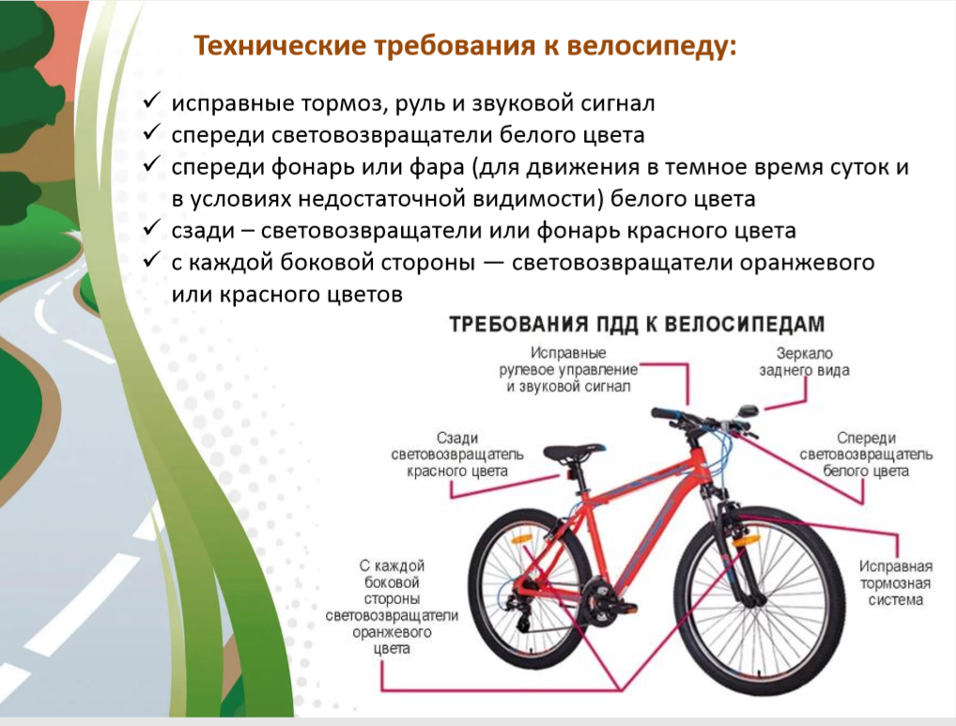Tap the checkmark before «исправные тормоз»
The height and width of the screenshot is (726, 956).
(152, 100)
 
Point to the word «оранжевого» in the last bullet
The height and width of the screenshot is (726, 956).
(807, 263)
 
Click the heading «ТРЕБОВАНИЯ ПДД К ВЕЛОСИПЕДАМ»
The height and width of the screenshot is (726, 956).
(637, 324)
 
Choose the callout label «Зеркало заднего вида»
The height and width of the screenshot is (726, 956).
(804, 362)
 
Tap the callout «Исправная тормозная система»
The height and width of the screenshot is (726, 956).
(895, 583)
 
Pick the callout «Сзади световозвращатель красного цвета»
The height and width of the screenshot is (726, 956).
(456, 455)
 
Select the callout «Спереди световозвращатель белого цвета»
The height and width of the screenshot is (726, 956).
(866, 455)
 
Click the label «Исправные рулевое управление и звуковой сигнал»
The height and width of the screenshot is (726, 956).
(568, 370)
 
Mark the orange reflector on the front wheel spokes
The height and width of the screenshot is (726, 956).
(746, 541)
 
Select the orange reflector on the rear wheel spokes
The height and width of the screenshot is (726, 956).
(522, 539)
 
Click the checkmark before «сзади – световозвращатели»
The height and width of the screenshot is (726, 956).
(152, 228)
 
